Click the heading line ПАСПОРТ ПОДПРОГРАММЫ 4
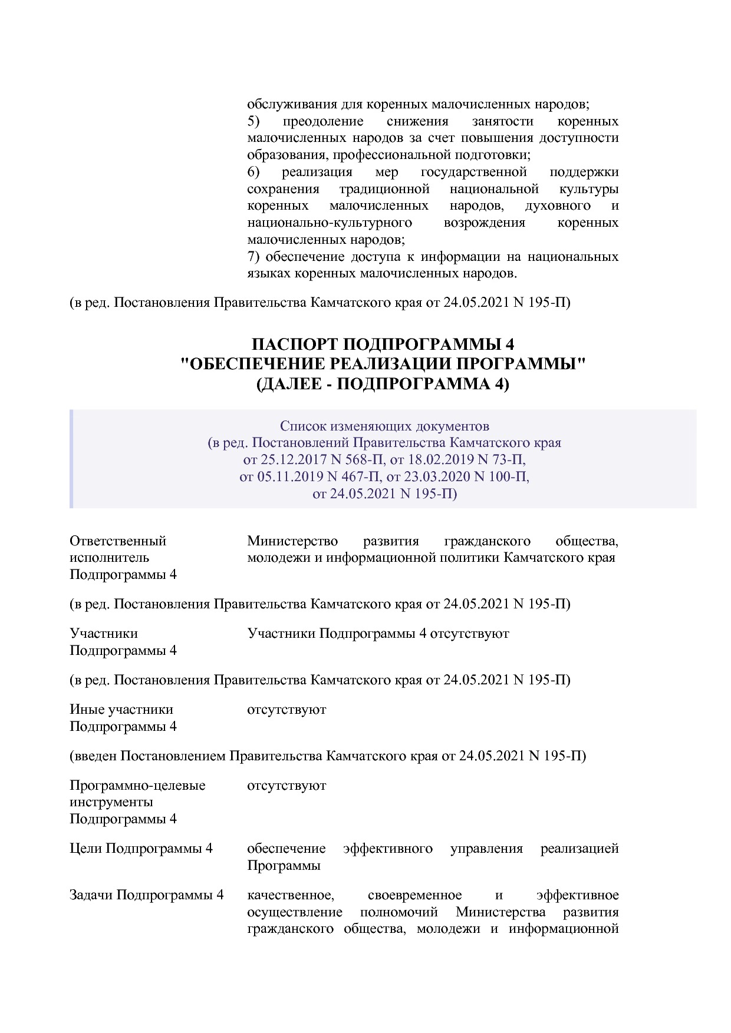point(383,344)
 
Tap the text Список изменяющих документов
point(384,426)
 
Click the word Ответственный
point(118,541)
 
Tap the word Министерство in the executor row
point(292,541)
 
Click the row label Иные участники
point(121,709)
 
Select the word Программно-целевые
point(137,785)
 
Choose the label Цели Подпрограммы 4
point(141,849)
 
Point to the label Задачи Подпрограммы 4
point(147,895)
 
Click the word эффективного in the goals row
point(388,849)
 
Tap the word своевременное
point(414,895)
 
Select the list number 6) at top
point(253,172)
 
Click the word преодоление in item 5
point(323,121)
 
